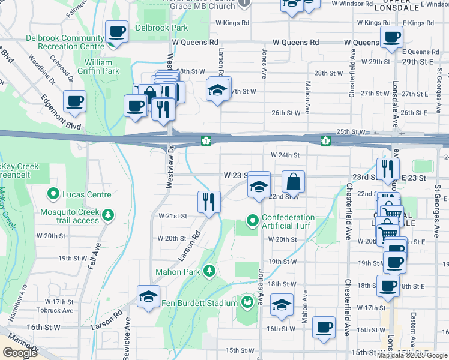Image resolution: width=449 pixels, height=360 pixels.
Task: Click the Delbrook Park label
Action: point(161,28)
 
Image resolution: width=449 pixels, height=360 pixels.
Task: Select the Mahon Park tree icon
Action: point(209,271)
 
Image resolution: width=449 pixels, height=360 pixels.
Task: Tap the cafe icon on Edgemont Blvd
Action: point(74,102)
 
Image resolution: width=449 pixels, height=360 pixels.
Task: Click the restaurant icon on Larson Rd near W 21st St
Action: point(209,202)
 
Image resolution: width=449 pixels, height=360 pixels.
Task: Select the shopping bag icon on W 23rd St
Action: point(293,181)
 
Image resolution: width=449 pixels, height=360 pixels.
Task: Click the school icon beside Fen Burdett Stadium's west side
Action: point(149,296)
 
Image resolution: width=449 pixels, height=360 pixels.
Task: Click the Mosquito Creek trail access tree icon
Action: point(108,215)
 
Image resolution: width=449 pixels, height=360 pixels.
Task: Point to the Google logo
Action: point(20,353)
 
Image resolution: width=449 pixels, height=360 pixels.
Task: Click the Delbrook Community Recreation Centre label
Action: point(65,42)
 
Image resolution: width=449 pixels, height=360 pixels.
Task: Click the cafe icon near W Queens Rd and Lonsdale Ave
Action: point(392,37)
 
